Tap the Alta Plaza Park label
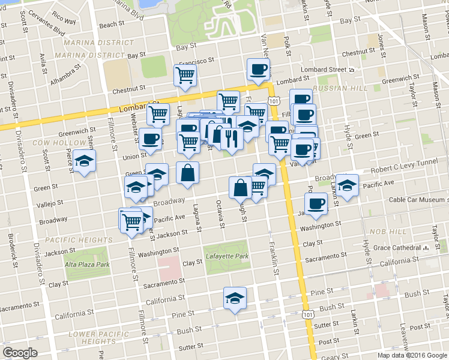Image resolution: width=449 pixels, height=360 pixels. (87, 265)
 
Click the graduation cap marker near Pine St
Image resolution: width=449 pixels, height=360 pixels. (235, 298)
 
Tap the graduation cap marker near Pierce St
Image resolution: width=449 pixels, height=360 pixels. (85, 161)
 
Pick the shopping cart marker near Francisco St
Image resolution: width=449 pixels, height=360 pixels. (185, 76)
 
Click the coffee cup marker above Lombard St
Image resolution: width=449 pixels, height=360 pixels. (258, 70)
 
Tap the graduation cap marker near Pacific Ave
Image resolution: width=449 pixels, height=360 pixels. (346, 185)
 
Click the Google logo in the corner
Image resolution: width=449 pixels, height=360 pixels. (20, 353)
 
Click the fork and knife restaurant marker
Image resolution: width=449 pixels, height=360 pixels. (231, 139)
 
